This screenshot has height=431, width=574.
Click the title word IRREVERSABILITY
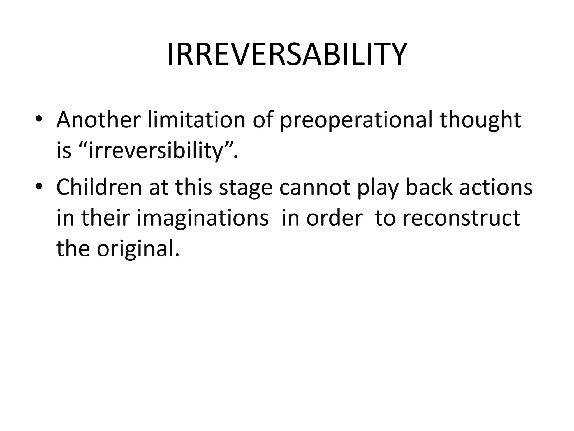pyautogui.click(x=287, y=54)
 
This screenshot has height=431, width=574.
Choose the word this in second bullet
pyautogui.click(x=193, y=187)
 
